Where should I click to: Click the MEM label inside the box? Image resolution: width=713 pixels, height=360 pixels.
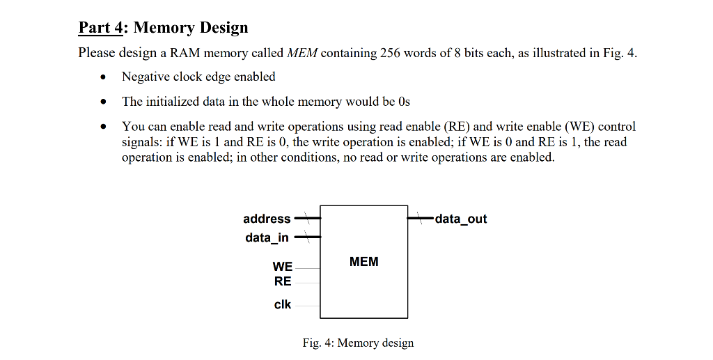(x=364, y=262)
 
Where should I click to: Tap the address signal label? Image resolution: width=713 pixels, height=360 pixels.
(x=267, y=219)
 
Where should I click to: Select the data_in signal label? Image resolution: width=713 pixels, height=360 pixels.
(x=267, y=238)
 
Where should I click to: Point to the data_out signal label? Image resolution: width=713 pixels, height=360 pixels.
(x=461, y=219)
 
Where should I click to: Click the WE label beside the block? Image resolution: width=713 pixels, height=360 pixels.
(x=283, y=267)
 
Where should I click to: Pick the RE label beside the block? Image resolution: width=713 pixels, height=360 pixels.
(x=283, y=281)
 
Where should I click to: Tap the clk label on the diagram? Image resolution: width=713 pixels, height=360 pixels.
(x=283, y=304)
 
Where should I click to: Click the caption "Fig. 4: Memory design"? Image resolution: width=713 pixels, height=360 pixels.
(x=358, y=343)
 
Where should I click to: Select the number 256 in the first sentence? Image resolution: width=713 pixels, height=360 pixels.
(x=390, y=54)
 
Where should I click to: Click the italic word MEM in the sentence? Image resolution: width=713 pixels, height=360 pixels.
(x=302, y=54)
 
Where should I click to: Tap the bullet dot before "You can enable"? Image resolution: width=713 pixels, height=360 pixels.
(x=104, y=127)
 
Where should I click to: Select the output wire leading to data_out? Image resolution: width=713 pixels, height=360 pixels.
(x=421, y=219)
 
